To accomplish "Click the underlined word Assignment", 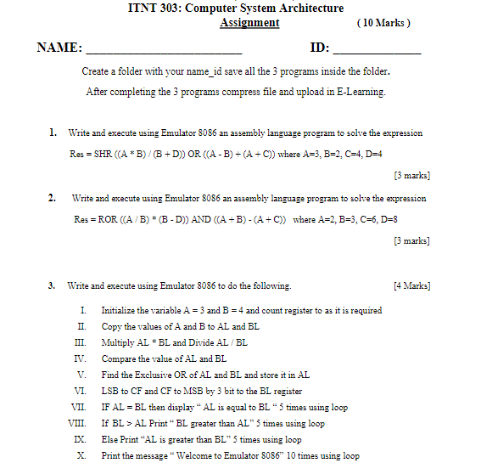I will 249,23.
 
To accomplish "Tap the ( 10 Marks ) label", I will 384,23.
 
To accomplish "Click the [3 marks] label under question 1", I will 412,176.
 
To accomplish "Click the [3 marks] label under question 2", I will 412,241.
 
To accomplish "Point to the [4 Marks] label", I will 411,286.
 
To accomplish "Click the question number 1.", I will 53,133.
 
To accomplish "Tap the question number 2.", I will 53,198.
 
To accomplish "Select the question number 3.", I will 53,286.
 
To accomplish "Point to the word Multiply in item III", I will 117,342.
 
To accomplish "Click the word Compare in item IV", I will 118,358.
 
